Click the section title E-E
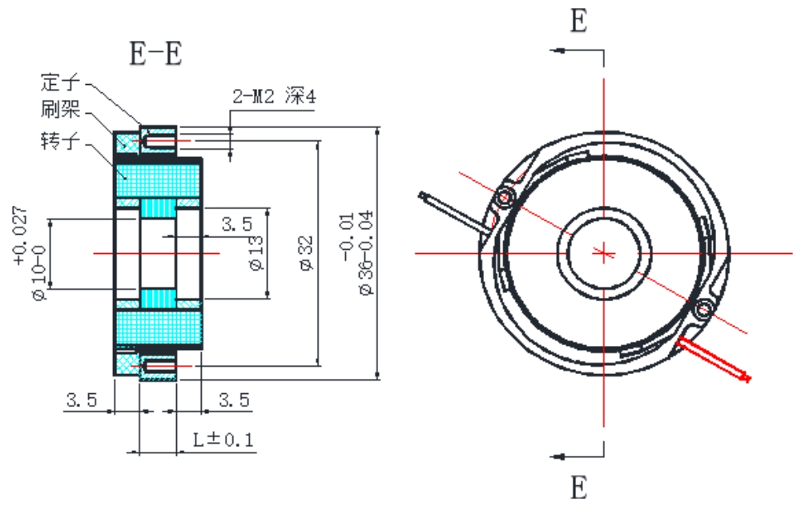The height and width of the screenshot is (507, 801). [x=156, y=54]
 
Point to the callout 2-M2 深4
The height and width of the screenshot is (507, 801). [x=274, y=98]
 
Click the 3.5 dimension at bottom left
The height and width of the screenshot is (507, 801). [x=82, y=399]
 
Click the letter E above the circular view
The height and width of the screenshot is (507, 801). [x=578, y=22]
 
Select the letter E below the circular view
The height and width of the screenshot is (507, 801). [x=578, y=486]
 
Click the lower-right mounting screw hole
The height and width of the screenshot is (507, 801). [x=704, y=308]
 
